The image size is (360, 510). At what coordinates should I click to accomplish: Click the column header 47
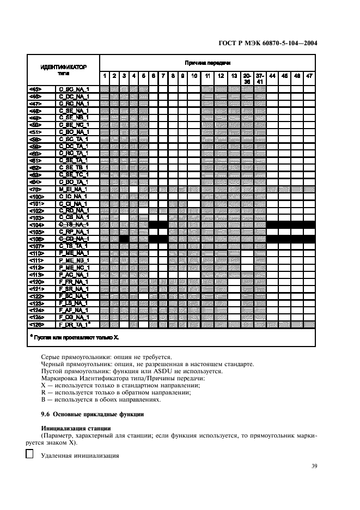tap(309, 76)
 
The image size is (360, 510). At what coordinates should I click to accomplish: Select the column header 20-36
tap(247, 78)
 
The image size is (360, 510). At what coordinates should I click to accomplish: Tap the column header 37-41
tap(260, 78)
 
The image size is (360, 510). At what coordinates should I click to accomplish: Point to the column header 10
tap(194, 76)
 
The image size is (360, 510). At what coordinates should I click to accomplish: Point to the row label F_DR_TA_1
tap(74, 325)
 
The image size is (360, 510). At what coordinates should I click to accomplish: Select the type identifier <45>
tap(35, 89)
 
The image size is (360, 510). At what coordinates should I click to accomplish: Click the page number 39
tap(314, 466)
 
